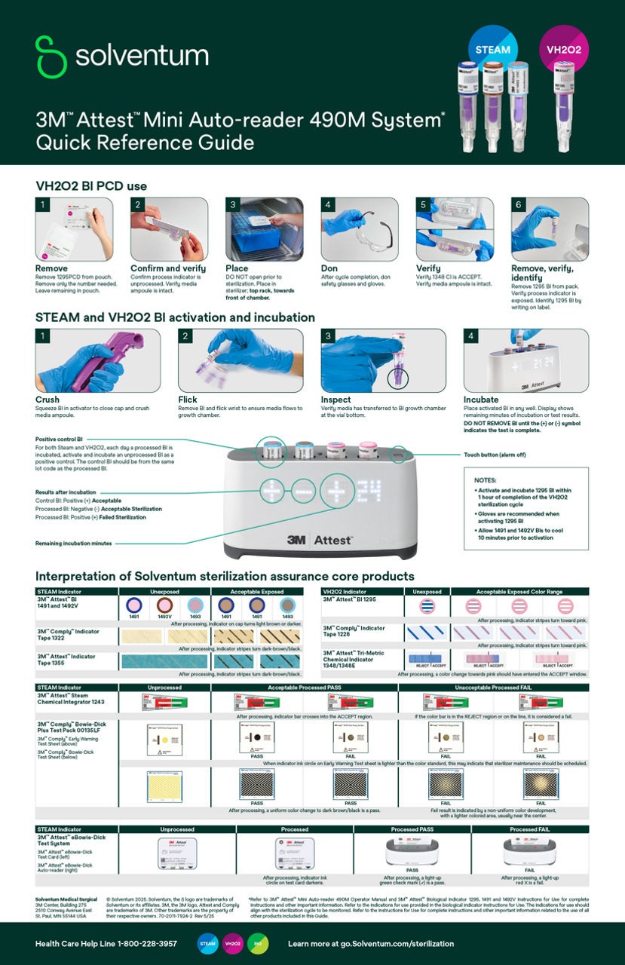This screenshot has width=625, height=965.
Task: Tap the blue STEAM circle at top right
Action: point(492,49)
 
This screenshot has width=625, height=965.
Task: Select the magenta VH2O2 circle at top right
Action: point(563,50)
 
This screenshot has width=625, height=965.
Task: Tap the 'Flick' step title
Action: point(188,400)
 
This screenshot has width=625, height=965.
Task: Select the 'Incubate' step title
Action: point(481,400)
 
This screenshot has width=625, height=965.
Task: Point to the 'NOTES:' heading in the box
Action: point(486,480)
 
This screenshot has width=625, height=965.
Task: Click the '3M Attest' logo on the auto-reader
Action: point(320,540)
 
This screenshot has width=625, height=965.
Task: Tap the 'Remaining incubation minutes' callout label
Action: point(73,543)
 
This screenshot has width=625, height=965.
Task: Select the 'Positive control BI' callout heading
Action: point(59,439)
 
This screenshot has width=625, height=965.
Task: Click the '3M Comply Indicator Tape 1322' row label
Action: point(67,633)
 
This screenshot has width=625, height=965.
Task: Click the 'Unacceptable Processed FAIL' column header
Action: point(493,688)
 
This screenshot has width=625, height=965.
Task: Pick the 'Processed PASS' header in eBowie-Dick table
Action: point(412,829)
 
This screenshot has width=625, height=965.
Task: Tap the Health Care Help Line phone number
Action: point(106,943)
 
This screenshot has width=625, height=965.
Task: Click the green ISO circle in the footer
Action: point(257,943)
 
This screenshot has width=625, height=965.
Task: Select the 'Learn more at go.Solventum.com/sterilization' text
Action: point(371,943)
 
